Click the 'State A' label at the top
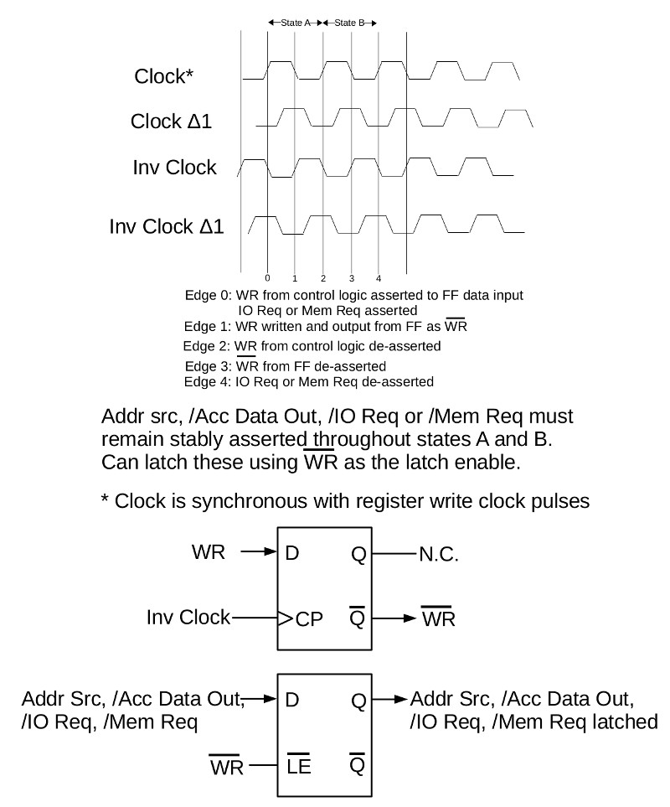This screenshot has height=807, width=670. click(296, 23)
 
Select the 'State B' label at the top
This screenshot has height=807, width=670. click(349, 23)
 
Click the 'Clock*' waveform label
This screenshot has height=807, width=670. click(163, 76)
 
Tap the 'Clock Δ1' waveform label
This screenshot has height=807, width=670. click(171, 122)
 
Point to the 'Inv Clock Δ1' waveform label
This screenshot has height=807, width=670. click(167, 226)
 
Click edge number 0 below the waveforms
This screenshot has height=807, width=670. click(267, 278)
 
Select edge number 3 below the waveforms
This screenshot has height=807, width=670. click(352, 278)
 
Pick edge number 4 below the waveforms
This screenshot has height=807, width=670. click(379, 278)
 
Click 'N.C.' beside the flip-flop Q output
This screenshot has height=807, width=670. click(439, 554)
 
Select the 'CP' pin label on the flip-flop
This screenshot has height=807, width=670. click(310, 619)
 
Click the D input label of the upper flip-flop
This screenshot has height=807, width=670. click(291, 553)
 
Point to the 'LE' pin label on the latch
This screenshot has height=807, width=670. click(299, 765)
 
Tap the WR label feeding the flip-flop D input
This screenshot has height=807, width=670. click(209, 551)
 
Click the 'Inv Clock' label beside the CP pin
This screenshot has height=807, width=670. click(188, 617)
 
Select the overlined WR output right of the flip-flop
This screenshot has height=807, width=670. click(439, 617)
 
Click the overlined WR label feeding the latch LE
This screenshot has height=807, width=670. click(226, 766)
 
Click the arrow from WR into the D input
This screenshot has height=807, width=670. click(259, 551)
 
